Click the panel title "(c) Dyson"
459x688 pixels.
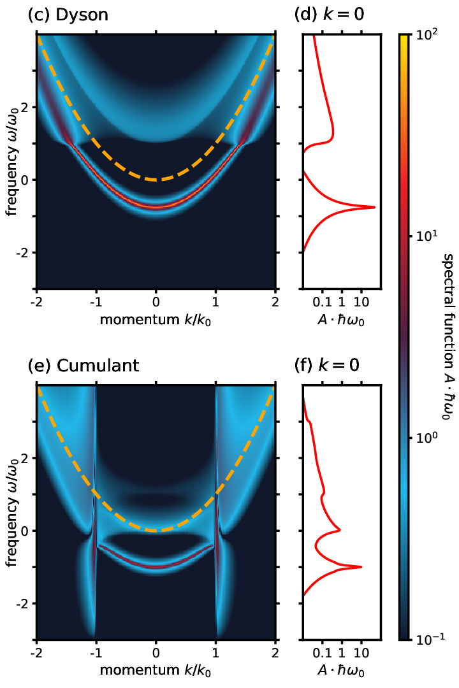point(68,15)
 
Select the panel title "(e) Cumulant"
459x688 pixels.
point(83,365)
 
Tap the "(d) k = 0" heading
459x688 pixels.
point(329,15)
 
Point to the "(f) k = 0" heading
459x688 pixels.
point(327,365)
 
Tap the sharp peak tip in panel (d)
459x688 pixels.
point(375,206)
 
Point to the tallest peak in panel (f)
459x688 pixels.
point(361,567)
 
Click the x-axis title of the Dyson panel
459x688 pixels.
point(156,320)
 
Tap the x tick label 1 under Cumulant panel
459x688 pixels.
point(215,653)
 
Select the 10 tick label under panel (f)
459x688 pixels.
point(361,653)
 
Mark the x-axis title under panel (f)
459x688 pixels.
point(341,670)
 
